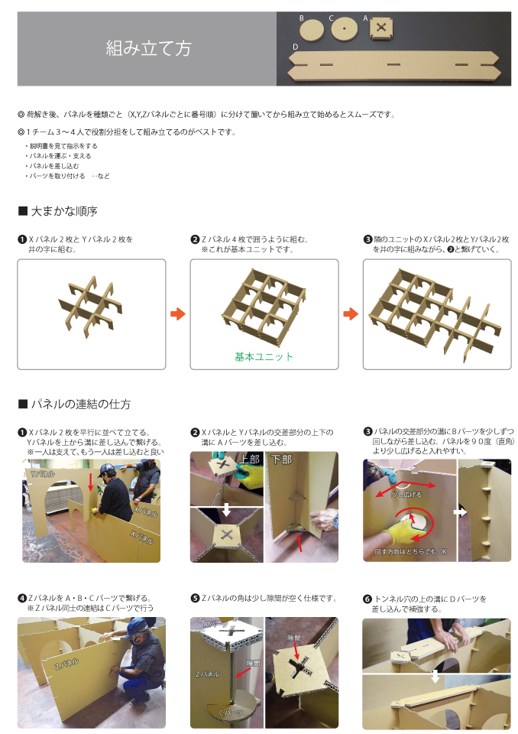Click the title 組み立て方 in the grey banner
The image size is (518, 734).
[x=149, y=48]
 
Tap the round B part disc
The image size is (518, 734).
[x=312, y=30]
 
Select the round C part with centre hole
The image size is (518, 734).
[x=344, y=28]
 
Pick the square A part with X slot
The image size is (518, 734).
[x=381, y=28]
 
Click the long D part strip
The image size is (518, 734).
[x=394, y=65]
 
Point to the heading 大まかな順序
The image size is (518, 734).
[x=64, y=211]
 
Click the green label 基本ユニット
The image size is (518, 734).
[x=264, y=357]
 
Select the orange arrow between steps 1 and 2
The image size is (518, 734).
[x=178, y=313]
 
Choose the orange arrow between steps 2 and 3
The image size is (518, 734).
[x=351, y=313]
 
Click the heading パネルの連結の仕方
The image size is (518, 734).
[x=80, y=404]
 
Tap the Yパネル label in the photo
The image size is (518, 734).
[x=42, y=474]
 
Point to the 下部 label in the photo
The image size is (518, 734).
[x=282, y=460]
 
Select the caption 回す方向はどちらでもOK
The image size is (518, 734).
[x=410, y=551]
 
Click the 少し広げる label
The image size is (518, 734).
[x=406, y=495]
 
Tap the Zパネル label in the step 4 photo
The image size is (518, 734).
[x=66, y=664]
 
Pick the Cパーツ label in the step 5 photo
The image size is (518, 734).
[x=231, y=713]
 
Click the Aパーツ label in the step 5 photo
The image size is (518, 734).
[x=215, y=624]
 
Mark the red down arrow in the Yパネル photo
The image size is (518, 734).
[x=91, y=482]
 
